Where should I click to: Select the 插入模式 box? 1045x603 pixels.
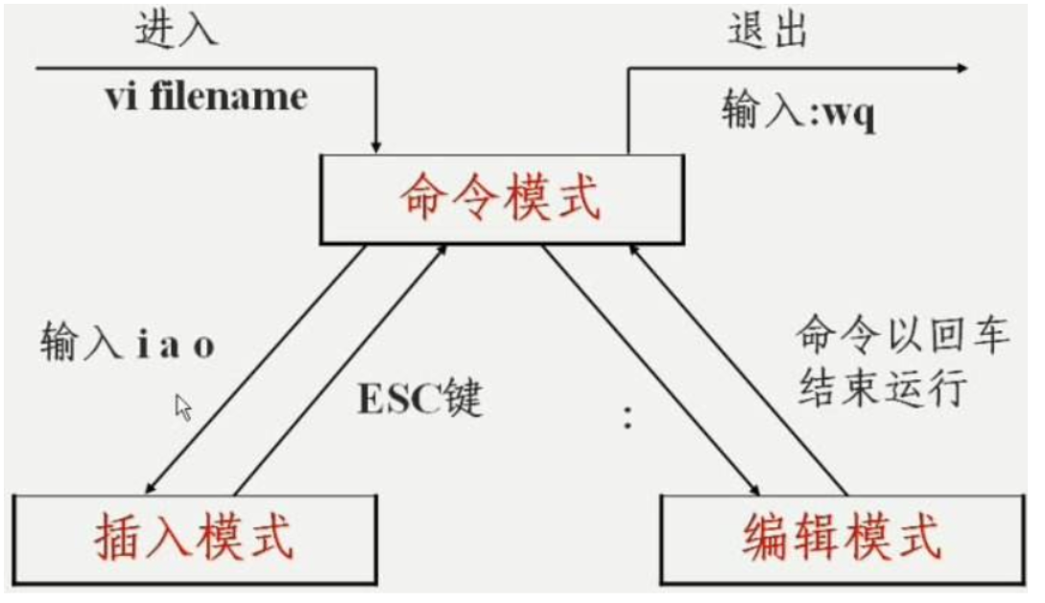[x=195, y=539]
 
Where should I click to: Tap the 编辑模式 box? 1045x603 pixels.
[x=842, y=539]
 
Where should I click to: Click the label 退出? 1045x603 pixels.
[x=768, y=31]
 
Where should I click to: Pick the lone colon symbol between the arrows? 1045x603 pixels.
[x=629, y=417]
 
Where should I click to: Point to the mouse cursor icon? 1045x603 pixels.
[x=183, y=407]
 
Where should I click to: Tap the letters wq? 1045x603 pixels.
[x=851, y=116]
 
